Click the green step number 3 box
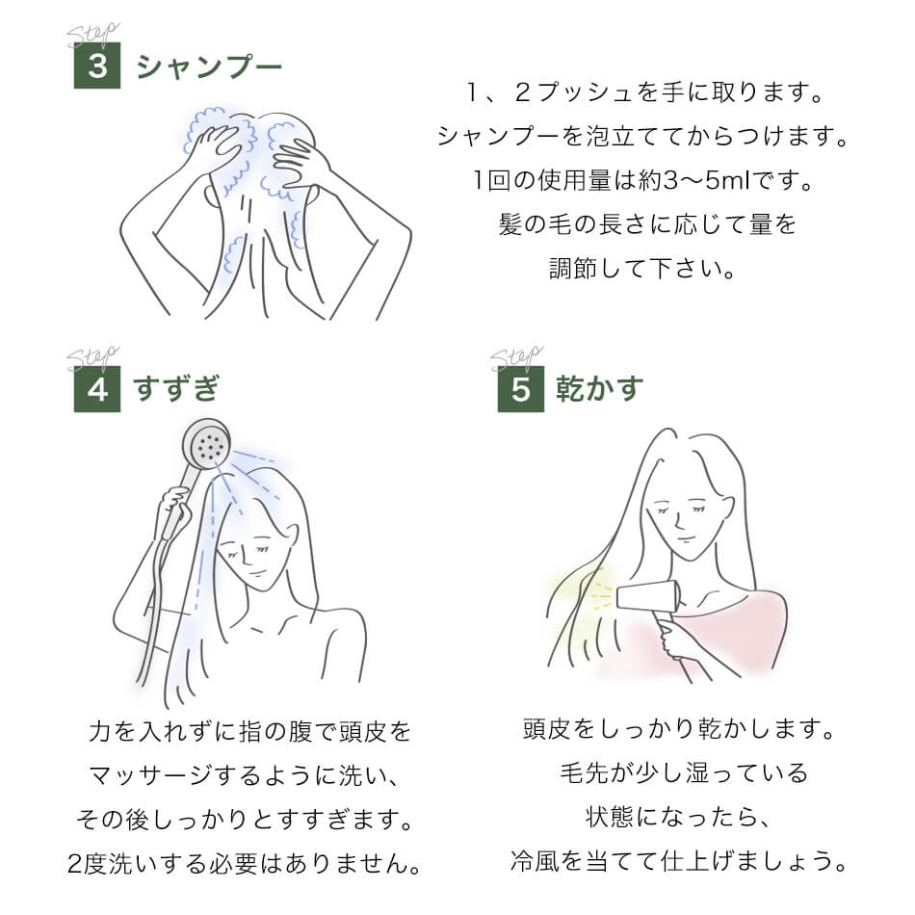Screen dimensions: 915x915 click(97, 66)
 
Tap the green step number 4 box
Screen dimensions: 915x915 click(97, 389)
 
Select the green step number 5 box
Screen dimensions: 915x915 click(520, 389)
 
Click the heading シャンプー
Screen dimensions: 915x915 click(209, 66)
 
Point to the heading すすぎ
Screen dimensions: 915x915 click(177, 389)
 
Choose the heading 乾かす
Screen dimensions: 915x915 click(600, 389)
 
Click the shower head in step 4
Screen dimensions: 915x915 click(206, 444)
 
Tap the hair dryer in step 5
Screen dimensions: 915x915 click(647, 597)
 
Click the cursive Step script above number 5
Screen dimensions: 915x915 click(516, 358)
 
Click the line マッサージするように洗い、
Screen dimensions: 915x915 click(245, 774)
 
